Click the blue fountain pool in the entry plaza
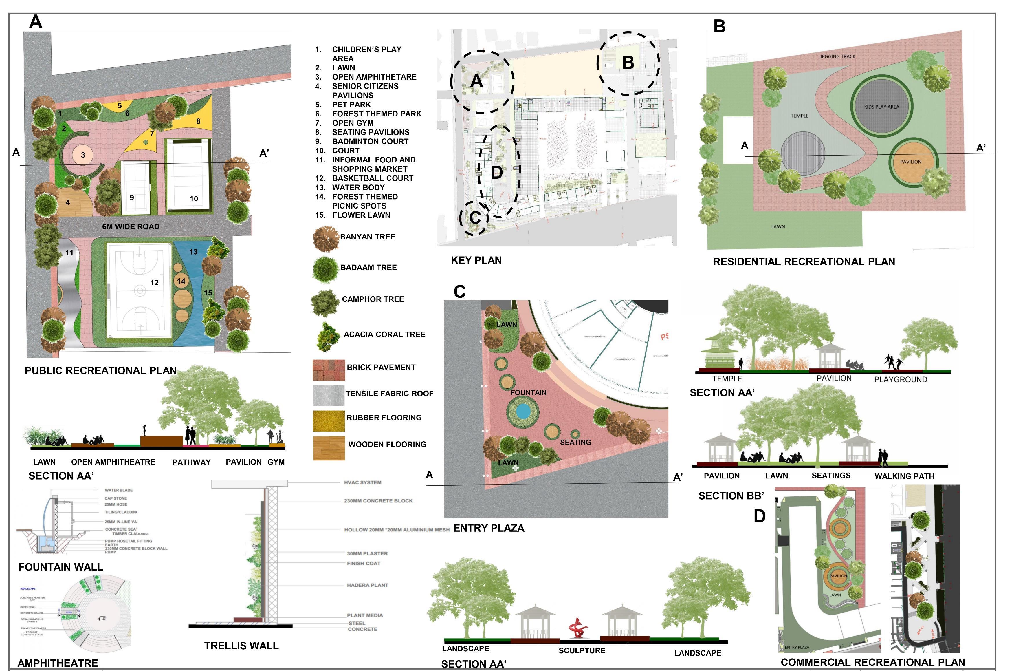(523, 412)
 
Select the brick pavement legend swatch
(329, 370)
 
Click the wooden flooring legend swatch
(329, 448)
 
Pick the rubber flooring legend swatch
(329, 421)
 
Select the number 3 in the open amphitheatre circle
(83, 155)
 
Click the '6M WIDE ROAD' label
(131, 227)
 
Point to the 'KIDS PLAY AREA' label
(881, 107)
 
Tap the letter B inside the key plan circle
(628, 63)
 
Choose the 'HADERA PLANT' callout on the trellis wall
(367, 585)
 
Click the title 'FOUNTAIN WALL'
(61, 567)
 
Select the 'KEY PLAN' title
(476, 260)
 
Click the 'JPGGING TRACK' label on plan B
(837, 56)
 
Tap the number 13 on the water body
(193, 252)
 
